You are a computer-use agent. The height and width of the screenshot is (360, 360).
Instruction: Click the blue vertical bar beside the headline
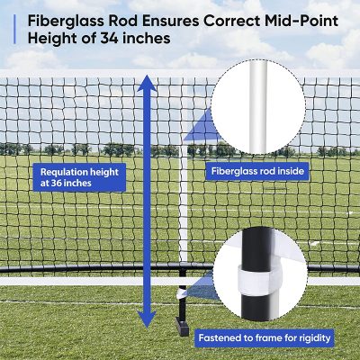pyautogui.click(x=14, y=30)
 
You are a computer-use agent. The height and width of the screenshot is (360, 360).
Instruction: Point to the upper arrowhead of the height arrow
pyautogui.click(x=147, y=84)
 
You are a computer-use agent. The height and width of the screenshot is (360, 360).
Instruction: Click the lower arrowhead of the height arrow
pyautogui.click(x=147, y=319)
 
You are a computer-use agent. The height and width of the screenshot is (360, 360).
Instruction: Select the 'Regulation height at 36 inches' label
pyautogui.click(x=79, y=177)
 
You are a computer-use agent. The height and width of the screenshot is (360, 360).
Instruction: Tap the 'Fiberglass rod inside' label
pyautogui.click(x=257, y=171)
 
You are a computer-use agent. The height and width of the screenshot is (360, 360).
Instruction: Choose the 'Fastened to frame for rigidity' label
pyautogui.click(x=265, y=338)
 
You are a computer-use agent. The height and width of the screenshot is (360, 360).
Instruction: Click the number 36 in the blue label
pyautogui.click(x=56, y=183)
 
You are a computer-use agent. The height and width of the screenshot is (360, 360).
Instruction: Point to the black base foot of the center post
pyautogui.click(x=182, y=328)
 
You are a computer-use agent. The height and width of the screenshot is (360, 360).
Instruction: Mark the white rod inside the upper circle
pyautogui.click(x=258, y=106)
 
